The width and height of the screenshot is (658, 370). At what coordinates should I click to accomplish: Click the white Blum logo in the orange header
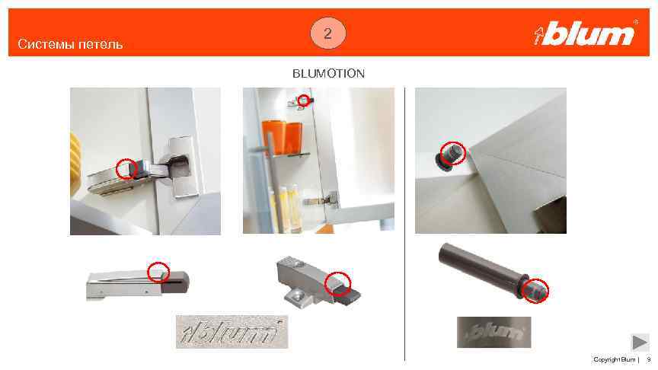585,33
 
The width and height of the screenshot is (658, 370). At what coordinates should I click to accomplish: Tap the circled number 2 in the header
327,33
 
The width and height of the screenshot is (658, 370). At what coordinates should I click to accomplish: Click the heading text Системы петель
70,44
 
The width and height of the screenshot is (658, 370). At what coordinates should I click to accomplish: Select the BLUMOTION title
328,73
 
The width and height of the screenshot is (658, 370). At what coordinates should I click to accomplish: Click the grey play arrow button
640,342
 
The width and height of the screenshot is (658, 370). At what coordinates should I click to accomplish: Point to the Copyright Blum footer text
614,359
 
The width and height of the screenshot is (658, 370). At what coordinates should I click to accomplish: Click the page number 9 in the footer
648,359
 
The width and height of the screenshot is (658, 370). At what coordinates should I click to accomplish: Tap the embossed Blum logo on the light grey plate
232,331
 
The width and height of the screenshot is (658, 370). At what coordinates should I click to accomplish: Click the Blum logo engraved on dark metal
494,332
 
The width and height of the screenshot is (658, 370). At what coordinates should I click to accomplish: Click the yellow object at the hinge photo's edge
75,164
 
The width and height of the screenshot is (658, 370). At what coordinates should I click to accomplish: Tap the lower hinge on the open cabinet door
321,199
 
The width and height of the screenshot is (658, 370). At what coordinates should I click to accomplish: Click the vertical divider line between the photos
405,224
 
